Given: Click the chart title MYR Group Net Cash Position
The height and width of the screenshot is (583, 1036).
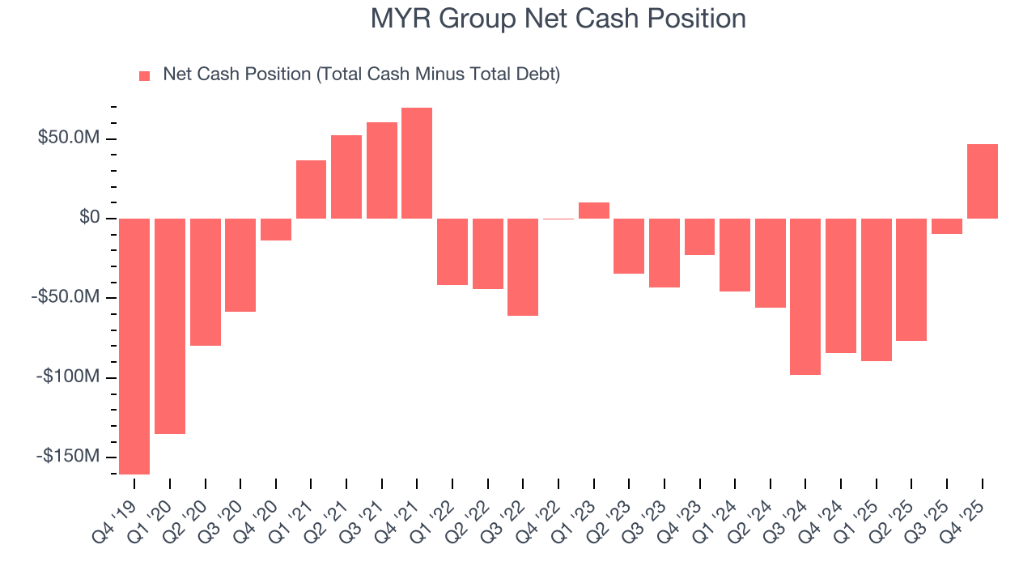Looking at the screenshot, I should pyautogui.click(x=558, y=19).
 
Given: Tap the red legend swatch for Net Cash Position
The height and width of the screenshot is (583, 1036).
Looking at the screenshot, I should pyautogui.click(x=145, y=75).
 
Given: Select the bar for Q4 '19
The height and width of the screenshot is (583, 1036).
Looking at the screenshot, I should pyautogui.click(x=134, y=346).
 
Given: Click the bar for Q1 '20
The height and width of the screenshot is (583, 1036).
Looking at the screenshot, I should pyautogui.click(x=170, y=326).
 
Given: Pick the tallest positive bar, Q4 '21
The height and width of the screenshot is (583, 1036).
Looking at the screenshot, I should pyautogui.click(x=417, y=163).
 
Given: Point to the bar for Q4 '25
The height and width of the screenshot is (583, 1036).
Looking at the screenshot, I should pyautogui.click(x=982, y=181).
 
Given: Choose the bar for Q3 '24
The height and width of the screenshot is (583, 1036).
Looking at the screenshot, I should pyautogui.click(x=805, y=296).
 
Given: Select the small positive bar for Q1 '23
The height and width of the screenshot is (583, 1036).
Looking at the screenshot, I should pyautogui.click(x=593, y=211).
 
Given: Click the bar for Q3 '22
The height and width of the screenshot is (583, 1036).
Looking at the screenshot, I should pyautogui.click(x=523, y=266).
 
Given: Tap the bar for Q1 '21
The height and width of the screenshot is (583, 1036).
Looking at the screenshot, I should pyautogui.click(x=311, y=189).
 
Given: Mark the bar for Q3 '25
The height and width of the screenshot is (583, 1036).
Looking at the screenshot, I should pyautogui.click(x=946, y=226).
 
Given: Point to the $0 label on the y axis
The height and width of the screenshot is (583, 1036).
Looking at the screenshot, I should pyautogui.click(x=90, y=218).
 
